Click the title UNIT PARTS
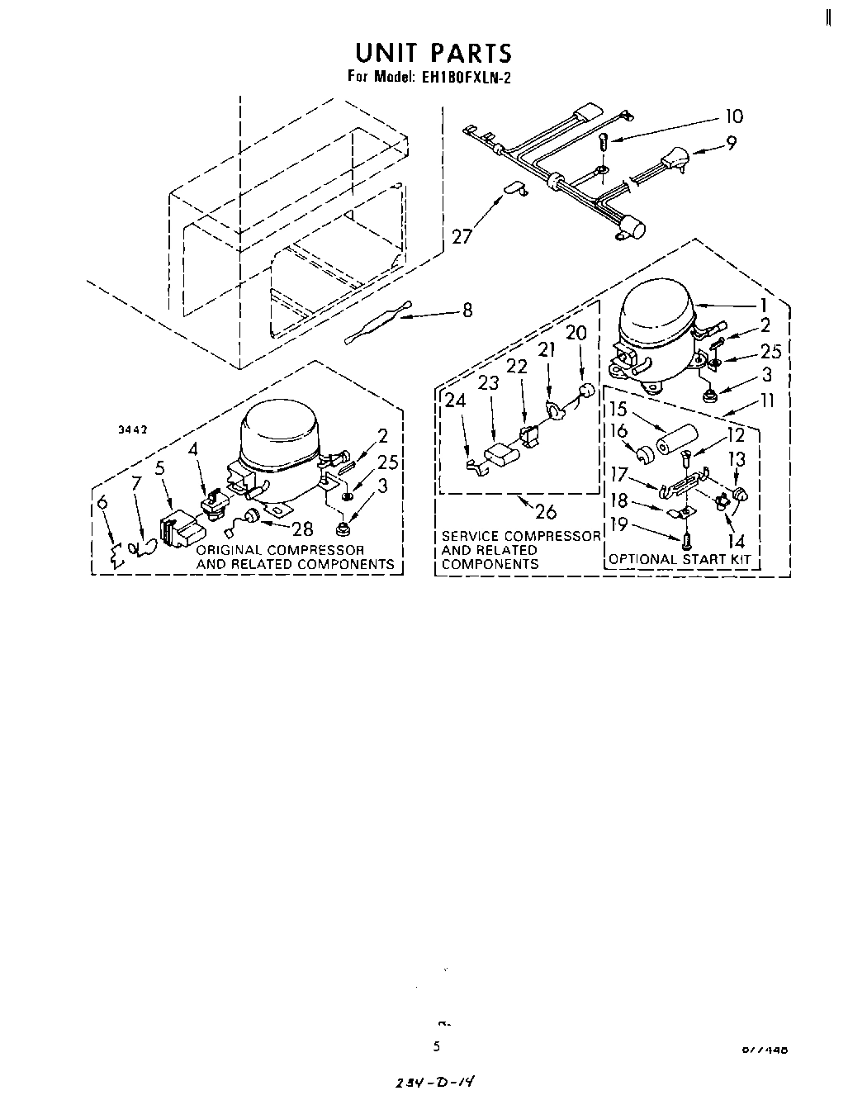[x=433, y=53]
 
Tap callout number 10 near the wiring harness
[x=732, y=116]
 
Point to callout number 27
[x=463, y=236]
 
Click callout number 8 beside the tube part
[x=467, y=311]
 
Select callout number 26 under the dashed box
[x=545, y=511]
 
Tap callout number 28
[x=303, y=529]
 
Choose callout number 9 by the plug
[x=731, y=144]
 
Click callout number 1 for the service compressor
[x=764, y=305]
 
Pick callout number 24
[x=455, y=401]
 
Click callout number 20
[x=576, y=332]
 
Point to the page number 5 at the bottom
[x=437, y=1046]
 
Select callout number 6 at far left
[x=102, y=503]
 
